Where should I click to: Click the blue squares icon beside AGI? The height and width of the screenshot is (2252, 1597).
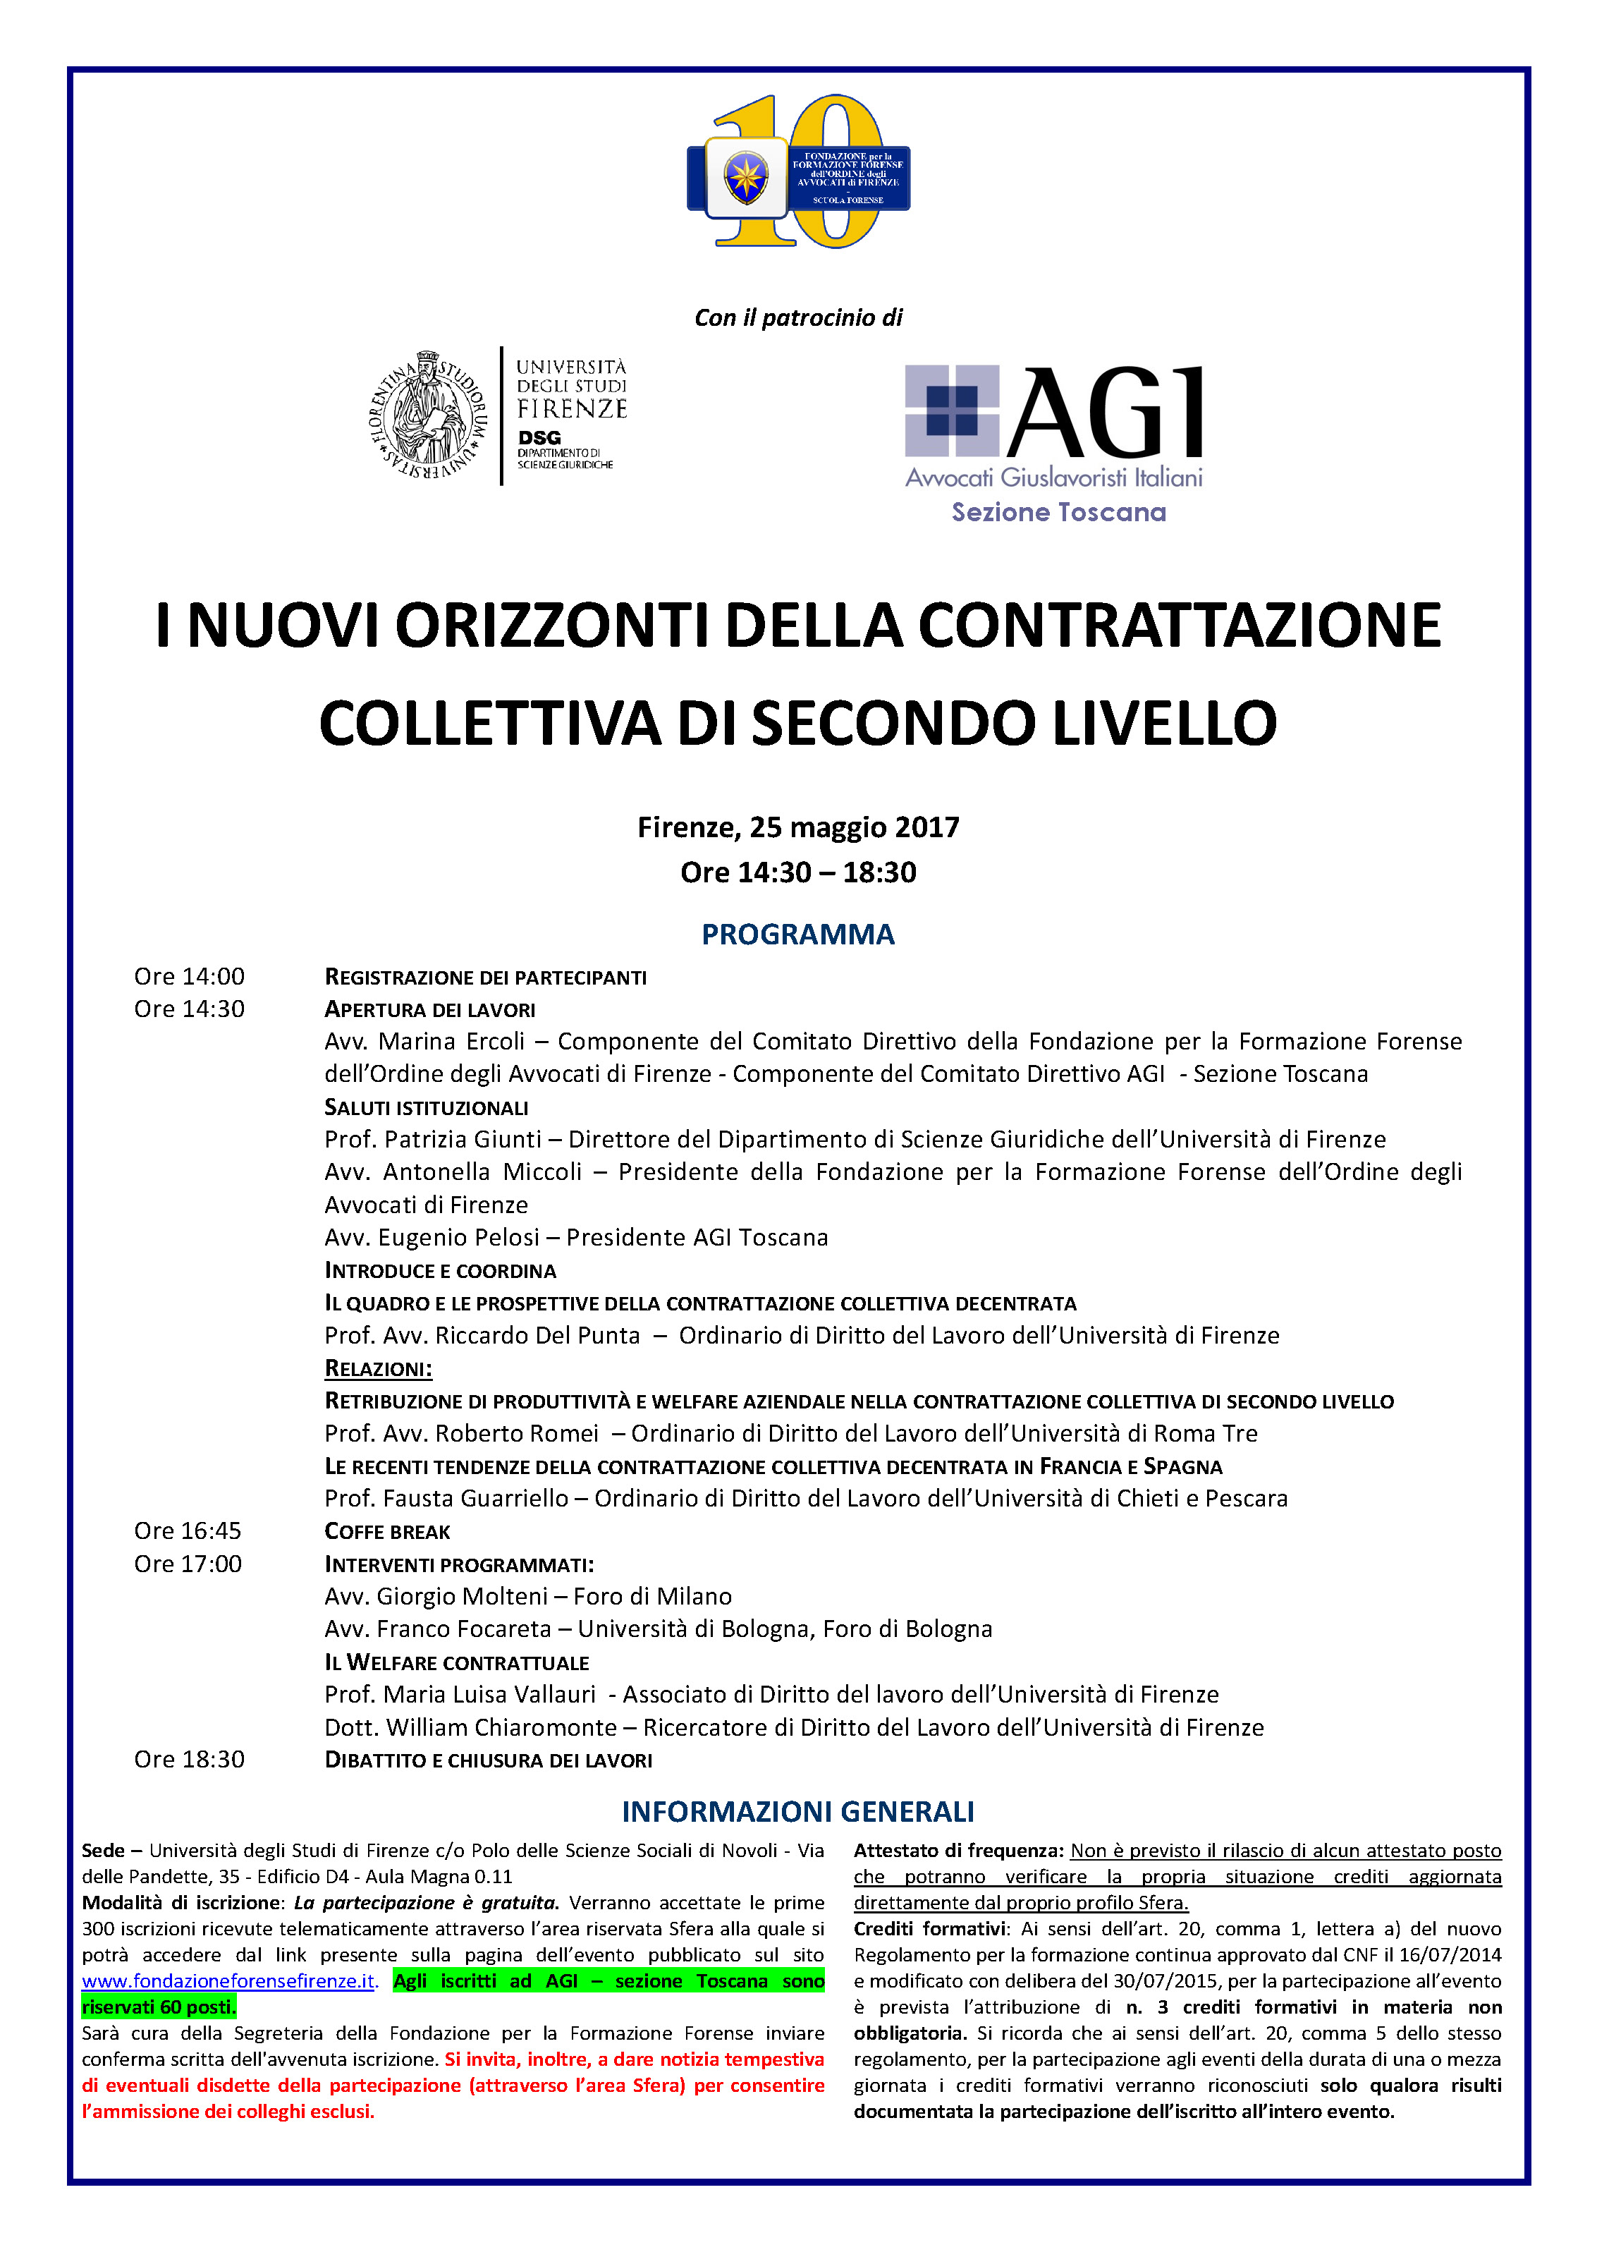click(x=951, y=410)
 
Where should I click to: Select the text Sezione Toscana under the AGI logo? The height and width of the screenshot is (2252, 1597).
click(x=1058, y=512)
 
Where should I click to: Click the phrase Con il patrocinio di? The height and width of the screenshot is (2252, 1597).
click(x=797, y=317)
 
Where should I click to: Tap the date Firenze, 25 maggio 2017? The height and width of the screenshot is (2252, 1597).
click(x=797, y=827)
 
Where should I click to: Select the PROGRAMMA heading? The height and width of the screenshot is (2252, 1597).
click(x=797, y=935)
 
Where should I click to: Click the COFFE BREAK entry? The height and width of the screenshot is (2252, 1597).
click(x=388, y=1532)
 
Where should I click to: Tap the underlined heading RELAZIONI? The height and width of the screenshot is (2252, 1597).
click(x=379, y=1369)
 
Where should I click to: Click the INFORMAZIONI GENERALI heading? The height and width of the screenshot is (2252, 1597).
click(x=797, y=1813)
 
